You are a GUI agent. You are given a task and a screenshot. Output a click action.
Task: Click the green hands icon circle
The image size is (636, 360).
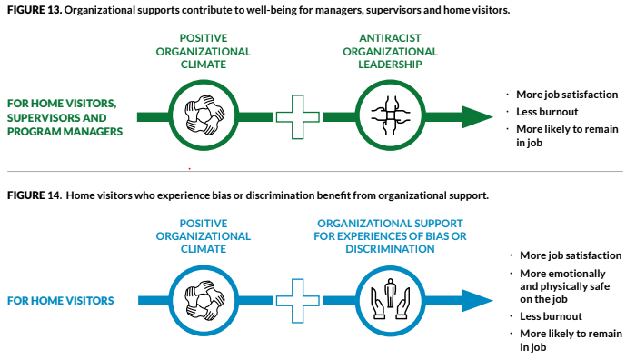(202, 115)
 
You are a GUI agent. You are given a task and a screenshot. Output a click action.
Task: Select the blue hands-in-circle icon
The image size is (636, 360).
(202, 299)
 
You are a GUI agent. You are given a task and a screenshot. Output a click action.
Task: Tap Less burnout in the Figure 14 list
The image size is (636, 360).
(551, 317)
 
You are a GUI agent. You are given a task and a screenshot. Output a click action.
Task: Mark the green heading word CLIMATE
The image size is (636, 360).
(202, 65)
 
